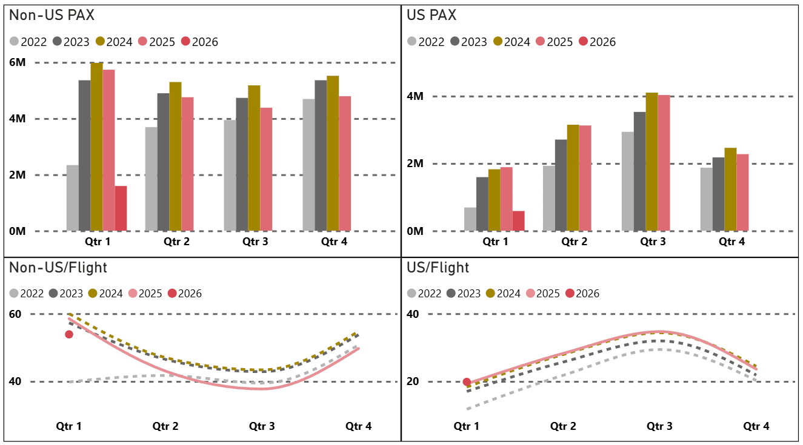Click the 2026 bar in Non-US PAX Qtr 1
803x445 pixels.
coord(121,208)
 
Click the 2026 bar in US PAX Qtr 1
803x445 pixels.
coord(518,221)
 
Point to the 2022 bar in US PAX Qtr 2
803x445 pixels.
coord(548,198)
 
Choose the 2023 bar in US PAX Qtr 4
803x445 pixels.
coord(718,194)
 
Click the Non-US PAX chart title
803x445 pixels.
coord(52,16)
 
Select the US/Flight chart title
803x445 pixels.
coord(438,268)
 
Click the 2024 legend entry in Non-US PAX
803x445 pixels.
coord(113,42)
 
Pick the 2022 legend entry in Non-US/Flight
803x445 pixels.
coord(27,294)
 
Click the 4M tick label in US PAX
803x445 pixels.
coord(415,96)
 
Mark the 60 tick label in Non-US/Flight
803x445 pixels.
coord(15,314)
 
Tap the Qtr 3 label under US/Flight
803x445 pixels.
coord(659,426)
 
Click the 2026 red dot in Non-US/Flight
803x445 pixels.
coord(69,334)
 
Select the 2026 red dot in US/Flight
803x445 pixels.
coord(467,382)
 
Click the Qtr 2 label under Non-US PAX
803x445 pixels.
coord(176,242)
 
